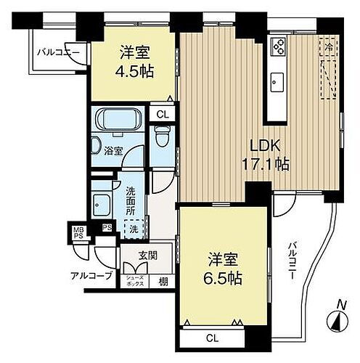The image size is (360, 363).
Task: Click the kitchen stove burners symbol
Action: [x=278, y=46]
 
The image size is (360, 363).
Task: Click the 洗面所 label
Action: [x=131, y=200]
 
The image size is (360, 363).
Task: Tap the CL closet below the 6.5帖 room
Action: [x=211, y=338]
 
